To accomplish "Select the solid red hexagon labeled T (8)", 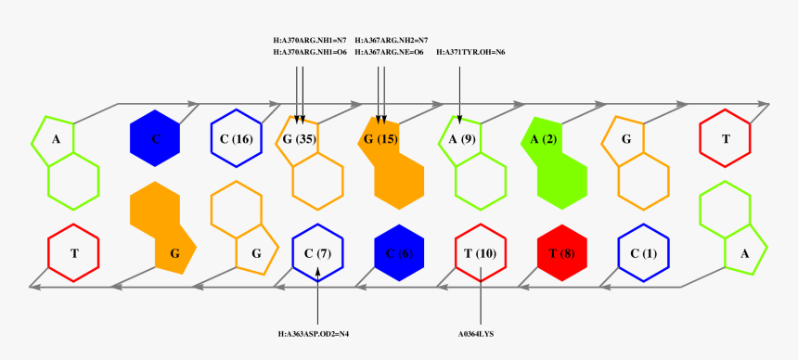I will click(562, 252).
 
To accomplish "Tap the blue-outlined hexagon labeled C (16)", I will click(237, 139).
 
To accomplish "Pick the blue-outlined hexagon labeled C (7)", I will click(317, 252).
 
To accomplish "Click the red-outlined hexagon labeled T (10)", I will click(481, 252).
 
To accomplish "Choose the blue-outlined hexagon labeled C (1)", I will click(643, 252).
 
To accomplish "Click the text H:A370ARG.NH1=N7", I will click(310, 41).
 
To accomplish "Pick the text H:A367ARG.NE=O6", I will click(390, 53).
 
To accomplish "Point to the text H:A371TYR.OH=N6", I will click(470, 53).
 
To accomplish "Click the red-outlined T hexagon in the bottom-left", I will click(73, 252).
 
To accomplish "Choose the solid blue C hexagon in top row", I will click(155, 139).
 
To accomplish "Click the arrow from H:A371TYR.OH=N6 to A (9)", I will click(460, 88).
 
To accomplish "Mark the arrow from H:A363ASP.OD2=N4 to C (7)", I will click(317, 297).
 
